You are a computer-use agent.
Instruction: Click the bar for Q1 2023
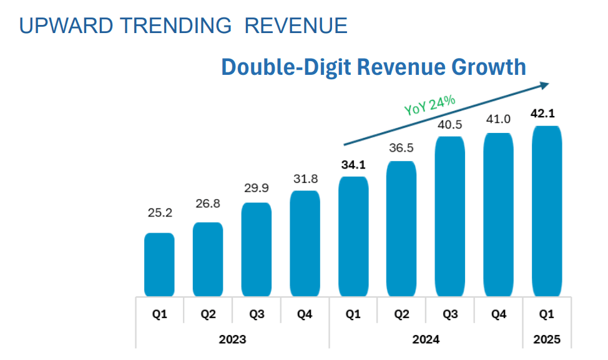tap(159, 265)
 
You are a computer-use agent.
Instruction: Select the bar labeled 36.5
tap(401, 229)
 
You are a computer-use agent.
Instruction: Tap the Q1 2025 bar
tap(547, 211)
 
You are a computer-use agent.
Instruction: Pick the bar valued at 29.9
tap(257, 250)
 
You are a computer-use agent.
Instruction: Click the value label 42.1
tap(543, 114)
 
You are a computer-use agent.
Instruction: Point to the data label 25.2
tap(160, 213)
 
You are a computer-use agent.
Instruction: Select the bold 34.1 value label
tap(353, 165)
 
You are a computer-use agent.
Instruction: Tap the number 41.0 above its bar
tap(498, 119)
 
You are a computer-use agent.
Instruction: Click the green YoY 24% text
tap(429, 105)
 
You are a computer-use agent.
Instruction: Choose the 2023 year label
tap(232, 339)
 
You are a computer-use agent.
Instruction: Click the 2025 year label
tap(547, 339)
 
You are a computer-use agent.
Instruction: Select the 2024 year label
tap(426, 339)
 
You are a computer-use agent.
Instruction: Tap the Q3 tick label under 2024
tap(450, 314)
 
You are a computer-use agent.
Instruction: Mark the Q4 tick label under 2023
tap(305, 314)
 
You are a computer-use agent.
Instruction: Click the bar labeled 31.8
tap(305, 244)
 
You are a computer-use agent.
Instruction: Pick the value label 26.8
tap(208, 203)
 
